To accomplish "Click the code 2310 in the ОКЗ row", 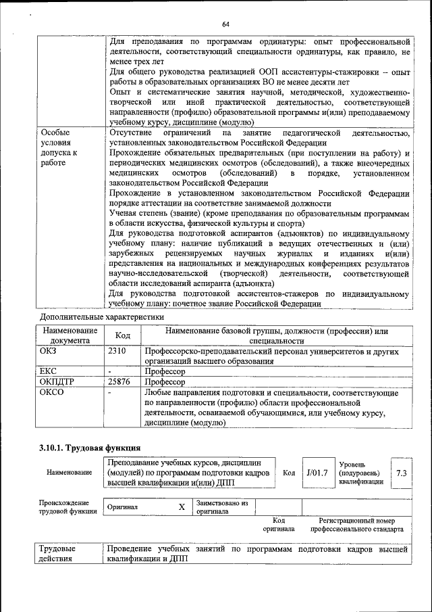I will coord(117,352).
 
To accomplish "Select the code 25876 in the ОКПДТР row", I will coord(119,382).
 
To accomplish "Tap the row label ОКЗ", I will coord(49,352).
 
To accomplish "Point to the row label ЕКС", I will coord(49,372).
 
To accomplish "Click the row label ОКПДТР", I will coord(57,382).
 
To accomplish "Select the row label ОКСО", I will coord(51,392).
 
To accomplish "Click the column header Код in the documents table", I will coord(123,335).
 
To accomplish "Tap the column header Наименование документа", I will coord(70,335).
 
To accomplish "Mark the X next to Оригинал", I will coord(181,507).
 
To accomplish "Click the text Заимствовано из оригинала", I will coord(221,507).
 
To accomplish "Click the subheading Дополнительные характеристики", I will coord(101,316).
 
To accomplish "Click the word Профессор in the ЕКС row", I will coord(165,372).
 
